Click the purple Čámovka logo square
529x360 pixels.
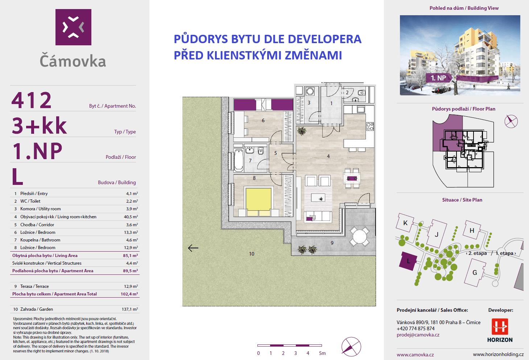[x=73, y=27]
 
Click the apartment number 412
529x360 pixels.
[x=32, y=100]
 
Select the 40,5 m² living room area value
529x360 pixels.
[x=131, y=217]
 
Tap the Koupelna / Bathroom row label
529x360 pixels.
[x=40, y=240]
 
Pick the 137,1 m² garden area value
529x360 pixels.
[x=130, y=309]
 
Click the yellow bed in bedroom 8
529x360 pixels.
[x=259, y=199]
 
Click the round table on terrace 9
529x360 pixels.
[x=360, y=236]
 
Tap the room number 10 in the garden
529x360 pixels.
[x=252, y=254]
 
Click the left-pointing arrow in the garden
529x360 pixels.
[x=193, y=248]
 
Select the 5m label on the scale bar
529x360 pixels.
[x=322, y=353]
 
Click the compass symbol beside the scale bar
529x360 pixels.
[x=351, y=347]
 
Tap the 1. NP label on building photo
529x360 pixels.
[x=438, y=78]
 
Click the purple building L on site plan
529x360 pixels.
[x=408, y=261]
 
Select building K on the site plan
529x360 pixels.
[x=405, y=223]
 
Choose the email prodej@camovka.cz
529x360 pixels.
[x=418, y=335]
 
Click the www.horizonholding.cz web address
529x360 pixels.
[x=498, y=355]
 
